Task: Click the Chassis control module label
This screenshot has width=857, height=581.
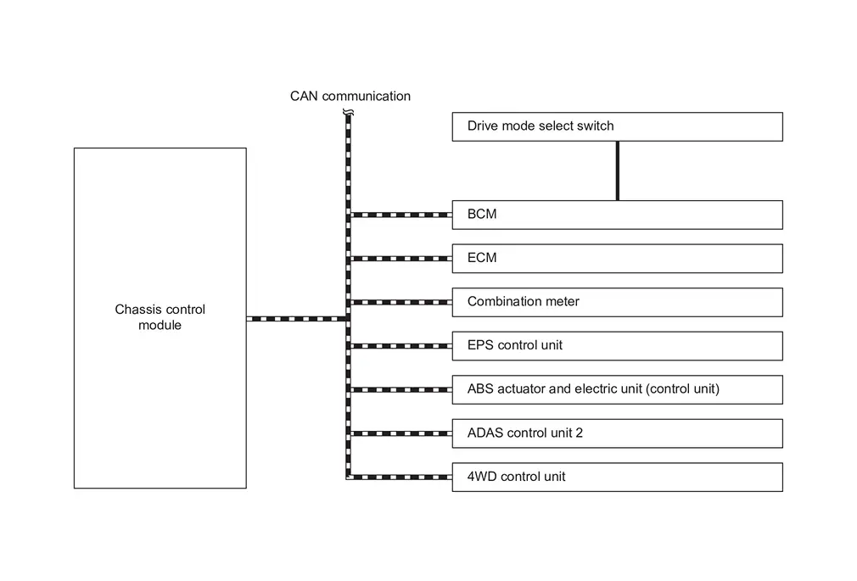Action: [160, 317]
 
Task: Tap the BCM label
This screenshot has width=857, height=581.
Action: [482, 214]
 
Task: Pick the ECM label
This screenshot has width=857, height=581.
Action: [482, 258]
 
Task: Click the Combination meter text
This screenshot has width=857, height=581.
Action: [523, 301]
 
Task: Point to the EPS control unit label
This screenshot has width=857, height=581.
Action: [515, 345]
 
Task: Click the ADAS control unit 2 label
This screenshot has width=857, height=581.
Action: [524, 433]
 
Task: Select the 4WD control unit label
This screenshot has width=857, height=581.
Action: [516, 477]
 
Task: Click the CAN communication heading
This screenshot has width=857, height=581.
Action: [350, 96]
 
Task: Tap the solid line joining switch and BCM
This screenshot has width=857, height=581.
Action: [618, 171]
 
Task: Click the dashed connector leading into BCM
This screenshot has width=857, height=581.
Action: [401, 215]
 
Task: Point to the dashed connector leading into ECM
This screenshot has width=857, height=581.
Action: [401, 259]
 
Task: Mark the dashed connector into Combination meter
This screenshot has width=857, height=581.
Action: [401, 302]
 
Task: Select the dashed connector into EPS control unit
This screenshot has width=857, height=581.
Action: [401, 346]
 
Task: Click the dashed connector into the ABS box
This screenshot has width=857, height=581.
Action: [401, 389]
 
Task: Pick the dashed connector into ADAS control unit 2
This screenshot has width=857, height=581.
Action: [401, 433]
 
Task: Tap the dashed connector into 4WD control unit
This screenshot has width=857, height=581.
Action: [401, 478]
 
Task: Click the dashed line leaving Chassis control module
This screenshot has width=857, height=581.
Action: [296, 319]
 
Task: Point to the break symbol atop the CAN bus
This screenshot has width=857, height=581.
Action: [348, 113]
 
